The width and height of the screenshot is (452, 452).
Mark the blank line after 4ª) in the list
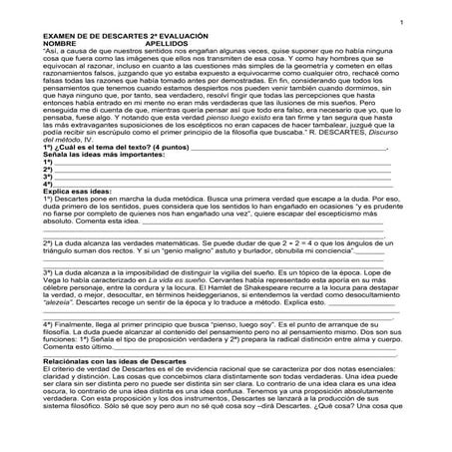click(220, 185)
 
